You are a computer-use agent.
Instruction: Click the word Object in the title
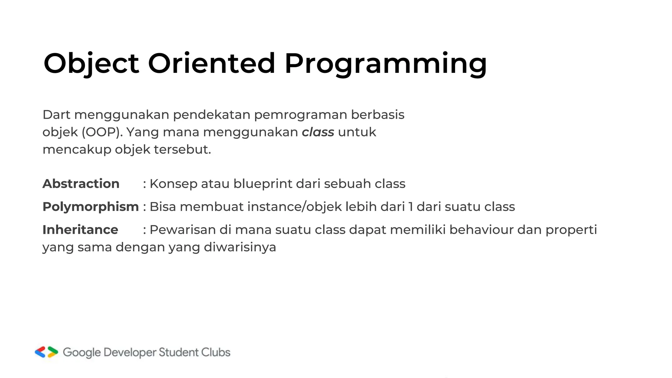(x=91, y=63)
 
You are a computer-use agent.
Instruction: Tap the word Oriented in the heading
(x=211, y=63)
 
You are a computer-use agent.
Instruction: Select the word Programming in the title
(x=386, y=63)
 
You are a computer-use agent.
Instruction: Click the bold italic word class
(x=318, y=132)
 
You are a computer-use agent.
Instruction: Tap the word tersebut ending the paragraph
(x=182, y=150)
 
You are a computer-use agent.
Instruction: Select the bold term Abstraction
(x=81, y=184)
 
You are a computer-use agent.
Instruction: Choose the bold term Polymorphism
(x=91, y=207)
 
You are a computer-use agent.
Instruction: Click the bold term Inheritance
(x=80, y=230)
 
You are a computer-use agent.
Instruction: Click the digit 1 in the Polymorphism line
(x=410, y=207)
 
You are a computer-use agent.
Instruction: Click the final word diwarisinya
(x=240, y=247)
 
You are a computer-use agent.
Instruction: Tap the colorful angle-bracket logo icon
(x=47, y=352)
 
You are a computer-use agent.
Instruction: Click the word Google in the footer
(x=82, y=352)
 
